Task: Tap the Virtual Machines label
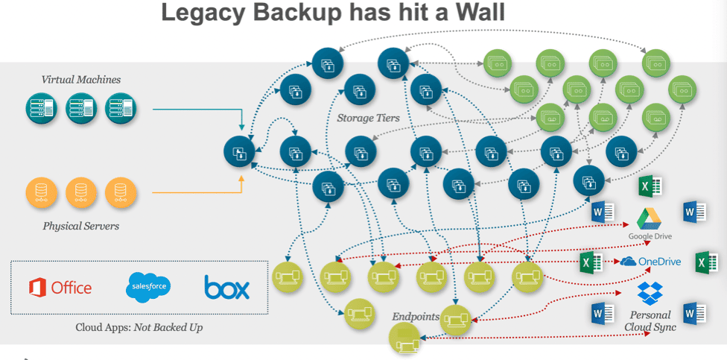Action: [x=81, y=79]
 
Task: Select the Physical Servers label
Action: [x=81, y=225]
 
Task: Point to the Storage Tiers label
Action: [x=368, y=118]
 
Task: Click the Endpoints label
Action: [x=416, y=317]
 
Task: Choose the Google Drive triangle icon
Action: [x=650, y=219]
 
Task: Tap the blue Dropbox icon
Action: [x=650, y=293]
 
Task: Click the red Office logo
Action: [x=60, y=287]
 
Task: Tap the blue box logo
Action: [x=226, y=288]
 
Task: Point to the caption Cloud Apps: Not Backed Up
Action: [x=139, y=327]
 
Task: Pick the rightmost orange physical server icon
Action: [x=119, y=192]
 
